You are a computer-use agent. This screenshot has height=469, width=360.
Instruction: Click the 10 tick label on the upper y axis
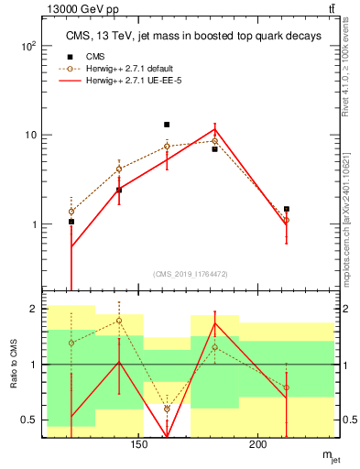click(32, 135)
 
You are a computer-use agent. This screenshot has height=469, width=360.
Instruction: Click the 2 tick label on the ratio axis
click(34, 309)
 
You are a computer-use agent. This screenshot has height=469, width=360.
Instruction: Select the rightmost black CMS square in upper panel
click(287, 209)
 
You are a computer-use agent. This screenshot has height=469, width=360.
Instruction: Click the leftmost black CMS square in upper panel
click(71, 222)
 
